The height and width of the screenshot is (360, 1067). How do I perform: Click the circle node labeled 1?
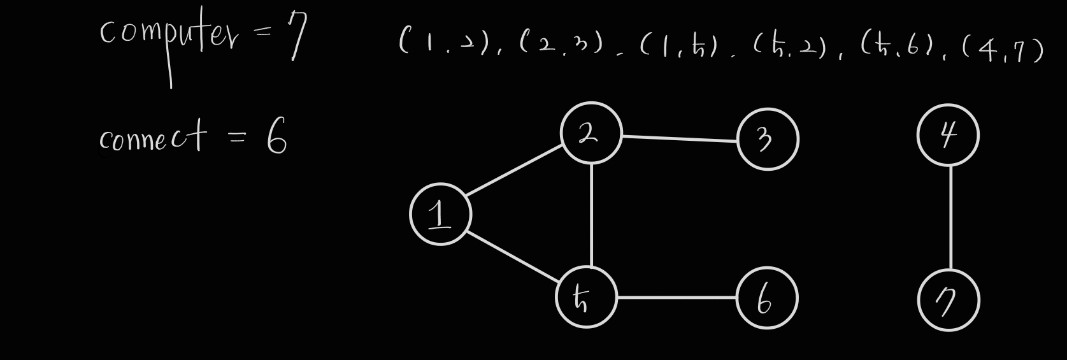(440, 214)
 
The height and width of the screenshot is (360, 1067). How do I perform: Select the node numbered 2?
(590, 133)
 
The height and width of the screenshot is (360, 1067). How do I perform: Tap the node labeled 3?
(767, 139)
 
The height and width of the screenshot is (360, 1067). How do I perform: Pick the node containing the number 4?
(947, 135)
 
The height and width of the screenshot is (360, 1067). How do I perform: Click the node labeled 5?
(585, 297)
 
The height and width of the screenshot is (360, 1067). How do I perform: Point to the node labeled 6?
(766, 298)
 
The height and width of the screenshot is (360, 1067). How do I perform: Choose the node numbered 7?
(948, 300)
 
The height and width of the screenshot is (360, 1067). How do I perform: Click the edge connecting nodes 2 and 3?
(679, 138)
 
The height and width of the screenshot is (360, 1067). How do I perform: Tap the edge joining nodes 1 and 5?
(512, 256)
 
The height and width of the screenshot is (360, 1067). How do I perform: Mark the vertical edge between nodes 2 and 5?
(592, 215)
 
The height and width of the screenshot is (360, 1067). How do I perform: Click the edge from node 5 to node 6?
(676, 297)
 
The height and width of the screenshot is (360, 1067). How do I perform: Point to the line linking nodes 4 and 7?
(950, 217)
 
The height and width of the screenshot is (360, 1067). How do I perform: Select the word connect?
(153, 138)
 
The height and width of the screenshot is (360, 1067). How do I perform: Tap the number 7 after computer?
(296, 35)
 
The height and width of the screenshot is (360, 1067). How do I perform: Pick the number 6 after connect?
(276, 138)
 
